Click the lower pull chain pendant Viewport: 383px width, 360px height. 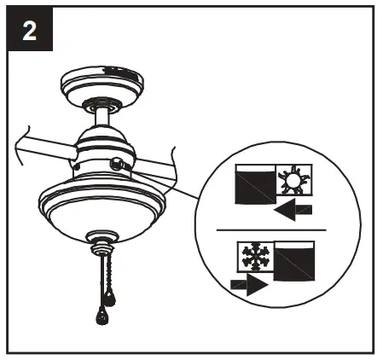pyautogui.click(x=101, y=316)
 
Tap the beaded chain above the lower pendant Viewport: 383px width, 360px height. pyautogui.click(x=100, y=282)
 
